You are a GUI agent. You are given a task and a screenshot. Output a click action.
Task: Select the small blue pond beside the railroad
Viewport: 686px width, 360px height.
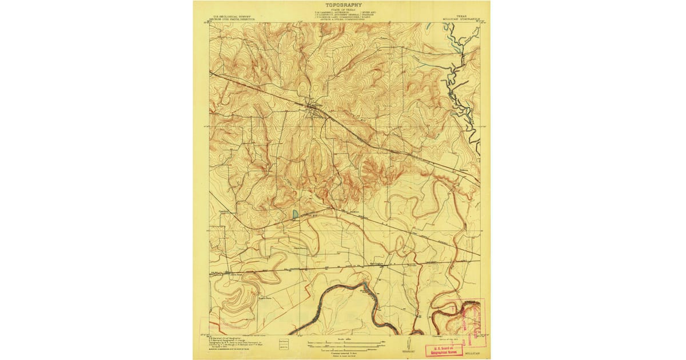click(295, 214)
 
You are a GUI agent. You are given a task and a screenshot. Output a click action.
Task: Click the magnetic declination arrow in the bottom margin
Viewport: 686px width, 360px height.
click(406, 343)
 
